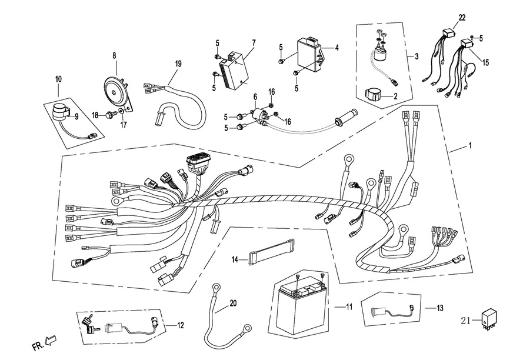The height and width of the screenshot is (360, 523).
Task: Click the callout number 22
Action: [461, 18]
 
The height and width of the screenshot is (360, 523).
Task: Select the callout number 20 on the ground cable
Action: [233, 304]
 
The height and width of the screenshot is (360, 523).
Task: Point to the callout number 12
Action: [180, 325]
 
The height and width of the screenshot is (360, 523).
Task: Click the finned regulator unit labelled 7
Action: [235, 69]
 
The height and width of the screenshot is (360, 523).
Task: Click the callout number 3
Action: [417, 56]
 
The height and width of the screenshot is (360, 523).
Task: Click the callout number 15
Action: [487, 61]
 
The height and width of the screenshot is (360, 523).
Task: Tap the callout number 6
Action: [255, 96]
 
